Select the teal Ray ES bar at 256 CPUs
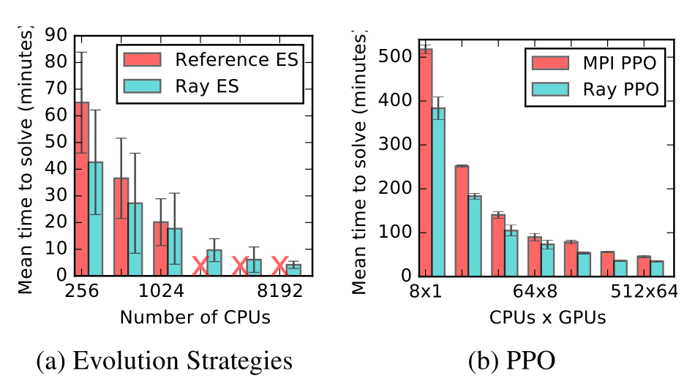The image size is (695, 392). point(95,219)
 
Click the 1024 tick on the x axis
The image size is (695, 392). point(160,290)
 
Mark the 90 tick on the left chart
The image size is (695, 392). point(56,35)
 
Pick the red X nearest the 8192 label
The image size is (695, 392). point(279,266)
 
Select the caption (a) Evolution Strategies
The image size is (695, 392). point(165,361)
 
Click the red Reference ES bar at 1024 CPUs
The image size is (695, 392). point(160,249)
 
